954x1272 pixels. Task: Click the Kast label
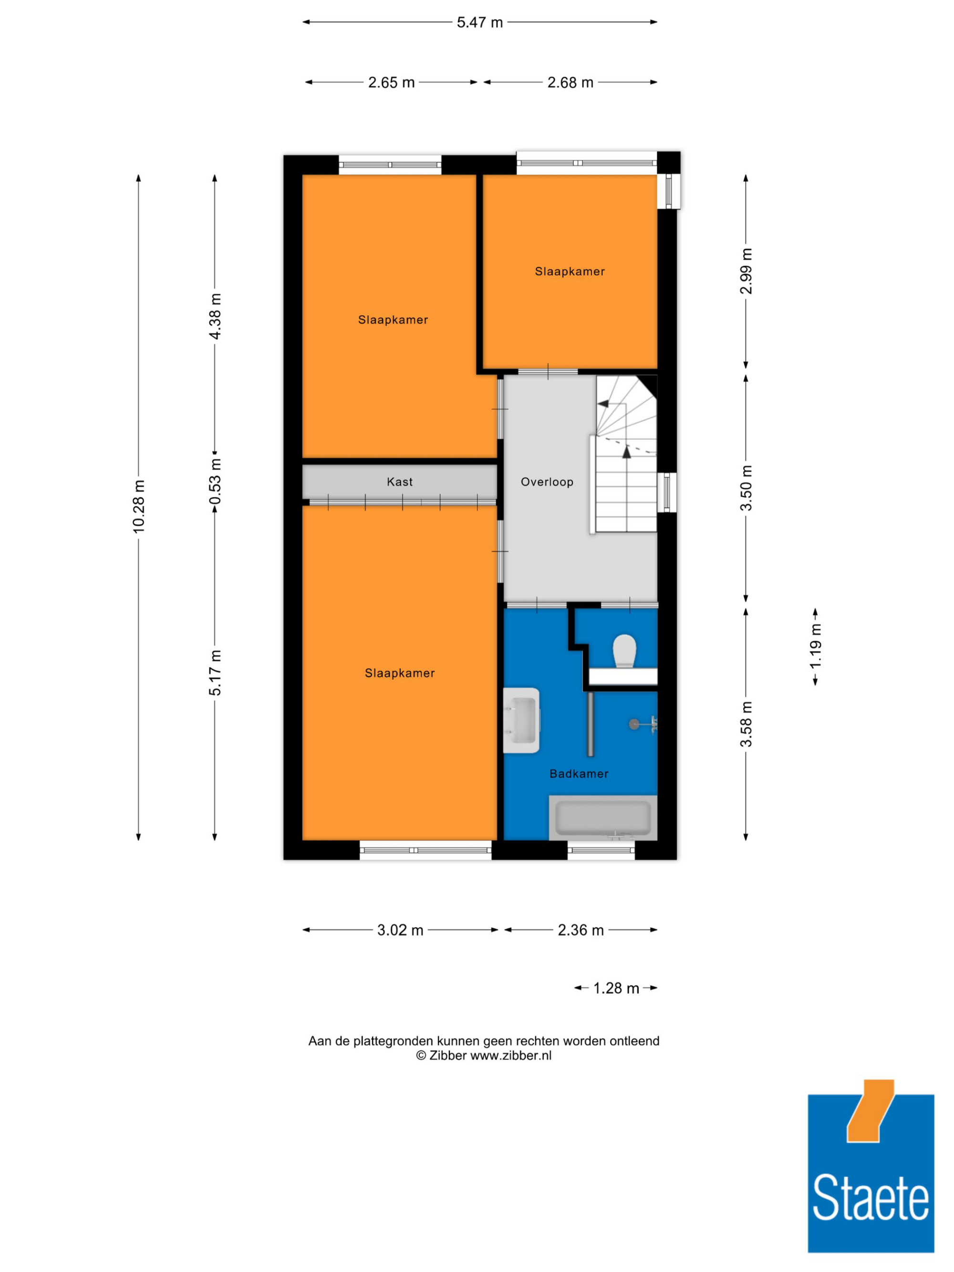pyautogui.click(x=400, y=482)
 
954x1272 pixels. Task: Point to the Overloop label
pyautogui.click(x=547, y=482)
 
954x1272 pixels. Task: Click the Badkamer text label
pyautogui.click(x=579, y=774)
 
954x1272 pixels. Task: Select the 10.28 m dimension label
pyautogui.click(x=139, y=506)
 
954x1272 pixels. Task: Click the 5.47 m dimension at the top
pyautogui.click(x=479, y=22)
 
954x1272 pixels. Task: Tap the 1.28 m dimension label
pyautogui.click(x=616, y=988)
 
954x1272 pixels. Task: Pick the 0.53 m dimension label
pyautogui.click(x=215, y=481)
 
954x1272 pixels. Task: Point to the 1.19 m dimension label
pyautogui.click(x=815, y=646)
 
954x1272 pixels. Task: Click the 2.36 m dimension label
pyautogui.click(x=581, y=930)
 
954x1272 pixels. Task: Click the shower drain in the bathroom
pyautogui.click(x=634, y=724)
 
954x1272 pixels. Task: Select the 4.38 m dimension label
pyautogui.click(x=215, y=316)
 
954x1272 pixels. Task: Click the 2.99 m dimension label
pyautogui.click(x=746, y=271)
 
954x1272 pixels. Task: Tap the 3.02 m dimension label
pyautogui.click(x=400, y=930)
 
